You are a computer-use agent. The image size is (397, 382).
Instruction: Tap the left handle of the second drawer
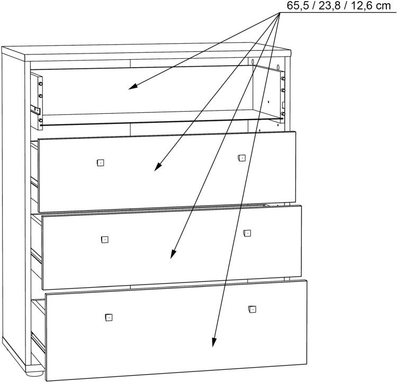100,162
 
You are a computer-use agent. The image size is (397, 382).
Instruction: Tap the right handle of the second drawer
241,157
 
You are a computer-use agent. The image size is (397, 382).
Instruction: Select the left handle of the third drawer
104,240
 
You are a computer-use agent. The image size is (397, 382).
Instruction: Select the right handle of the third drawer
247,233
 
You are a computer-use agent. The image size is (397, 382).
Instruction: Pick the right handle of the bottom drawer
251,309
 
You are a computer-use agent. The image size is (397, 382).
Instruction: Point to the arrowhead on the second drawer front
157,168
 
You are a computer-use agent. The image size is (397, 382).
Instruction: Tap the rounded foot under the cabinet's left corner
33,372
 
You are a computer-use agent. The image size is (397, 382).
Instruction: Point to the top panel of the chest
148,51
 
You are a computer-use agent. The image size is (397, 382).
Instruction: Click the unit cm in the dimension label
381,6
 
